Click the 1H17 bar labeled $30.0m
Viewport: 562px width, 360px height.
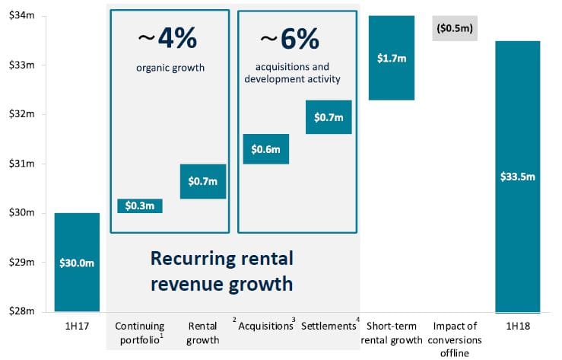point(77,262)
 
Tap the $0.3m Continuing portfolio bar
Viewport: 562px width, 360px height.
point(140,205)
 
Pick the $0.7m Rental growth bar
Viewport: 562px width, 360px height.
point(203,181)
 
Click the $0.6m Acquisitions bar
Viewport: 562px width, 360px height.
point(265,148)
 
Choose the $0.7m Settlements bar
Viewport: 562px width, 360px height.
point(329,117)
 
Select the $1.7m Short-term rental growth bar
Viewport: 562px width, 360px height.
point(392,58)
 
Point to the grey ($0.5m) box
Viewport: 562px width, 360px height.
point(455,28)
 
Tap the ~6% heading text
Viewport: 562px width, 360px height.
point(290,37)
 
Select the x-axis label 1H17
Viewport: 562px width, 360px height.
point(77,326)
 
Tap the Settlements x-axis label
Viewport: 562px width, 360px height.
point(329,326)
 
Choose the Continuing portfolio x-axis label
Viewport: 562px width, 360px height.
point(140,333)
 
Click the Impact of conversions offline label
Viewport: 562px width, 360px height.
point(454,339)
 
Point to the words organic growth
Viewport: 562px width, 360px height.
point(170,68)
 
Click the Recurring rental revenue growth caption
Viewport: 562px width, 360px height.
point(221,270)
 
